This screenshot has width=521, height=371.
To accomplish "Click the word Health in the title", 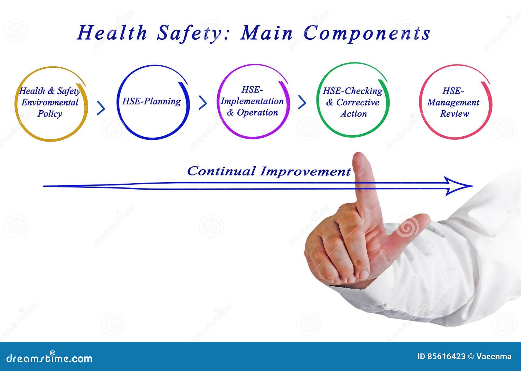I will coord(112,33).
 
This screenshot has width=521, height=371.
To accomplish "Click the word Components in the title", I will coord(367,33).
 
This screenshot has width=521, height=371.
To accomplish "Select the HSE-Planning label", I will coord(151,101).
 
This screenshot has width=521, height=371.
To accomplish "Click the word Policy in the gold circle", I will coord(50,114).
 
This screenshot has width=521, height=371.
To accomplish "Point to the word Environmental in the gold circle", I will coord(50,103).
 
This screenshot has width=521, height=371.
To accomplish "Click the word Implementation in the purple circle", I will coord(252,101).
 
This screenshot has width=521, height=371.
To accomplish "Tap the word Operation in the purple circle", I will coord(257,113).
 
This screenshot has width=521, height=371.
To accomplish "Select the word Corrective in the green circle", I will coord(358,103).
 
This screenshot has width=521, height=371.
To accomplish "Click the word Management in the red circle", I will coord(453,103).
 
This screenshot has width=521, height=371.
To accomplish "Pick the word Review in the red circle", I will coord(455,114).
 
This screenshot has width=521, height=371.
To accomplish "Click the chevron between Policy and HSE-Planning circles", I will coord(101,108).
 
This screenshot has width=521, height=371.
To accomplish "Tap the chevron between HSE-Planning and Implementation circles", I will coord(203,103).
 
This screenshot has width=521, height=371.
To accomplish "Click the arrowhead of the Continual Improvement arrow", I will coord(459,186).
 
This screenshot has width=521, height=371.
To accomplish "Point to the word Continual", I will coord(221,171).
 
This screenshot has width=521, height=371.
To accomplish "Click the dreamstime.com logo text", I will coord(49,358).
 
